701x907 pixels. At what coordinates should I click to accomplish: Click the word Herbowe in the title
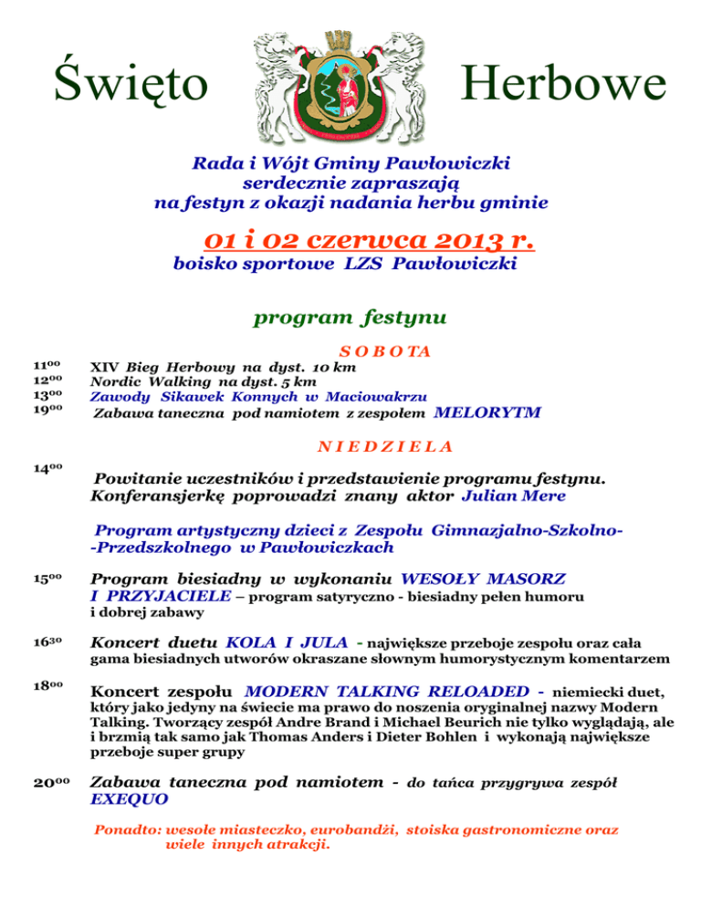pos(563,85)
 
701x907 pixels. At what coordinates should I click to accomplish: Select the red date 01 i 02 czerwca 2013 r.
pos(368,240)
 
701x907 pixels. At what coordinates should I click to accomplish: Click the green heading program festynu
pos(350,318)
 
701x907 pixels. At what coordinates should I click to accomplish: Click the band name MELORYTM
pos(487,412)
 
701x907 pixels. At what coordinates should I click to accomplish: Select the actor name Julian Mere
pos(514,496)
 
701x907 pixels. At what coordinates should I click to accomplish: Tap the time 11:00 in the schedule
pos(47,367)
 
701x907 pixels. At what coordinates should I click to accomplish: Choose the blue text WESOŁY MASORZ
pos(483,579)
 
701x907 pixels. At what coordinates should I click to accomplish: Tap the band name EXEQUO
pos(130,798)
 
